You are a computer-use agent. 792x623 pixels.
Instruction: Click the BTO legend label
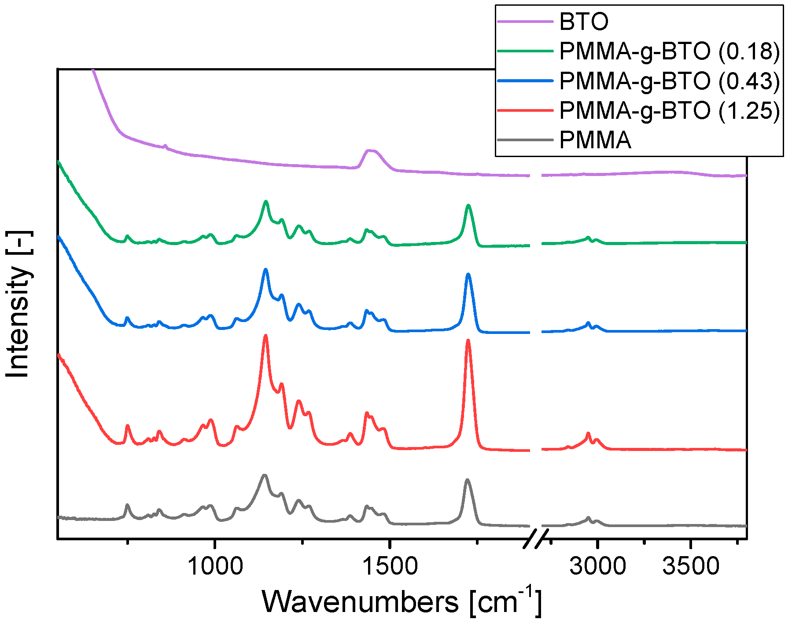click(x=584, y=22)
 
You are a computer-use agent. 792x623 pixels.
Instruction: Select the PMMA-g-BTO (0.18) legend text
click(x=669, y=51)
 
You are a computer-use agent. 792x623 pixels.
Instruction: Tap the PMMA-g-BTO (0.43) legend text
click(x=669, y=81)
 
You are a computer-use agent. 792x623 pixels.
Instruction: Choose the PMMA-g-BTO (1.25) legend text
click(x=669, y=110)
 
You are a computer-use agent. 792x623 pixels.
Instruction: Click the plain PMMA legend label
click(x=595, y=140)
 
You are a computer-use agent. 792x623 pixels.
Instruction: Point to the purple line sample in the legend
click(x=525, y=21)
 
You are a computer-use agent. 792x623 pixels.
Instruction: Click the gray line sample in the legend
click(x=525, y=140)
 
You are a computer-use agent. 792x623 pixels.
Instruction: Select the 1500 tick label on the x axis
click(x=390, y=566)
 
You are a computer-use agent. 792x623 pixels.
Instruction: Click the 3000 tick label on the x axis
click(x=597, y=566)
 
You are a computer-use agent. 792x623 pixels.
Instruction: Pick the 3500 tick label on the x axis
click(x=691, y=566)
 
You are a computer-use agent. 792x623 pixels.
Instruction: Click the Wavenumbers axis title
click(x=401, y=601)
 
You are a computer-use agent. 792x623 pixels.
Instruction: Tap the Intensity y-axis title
click(x=18, y=304)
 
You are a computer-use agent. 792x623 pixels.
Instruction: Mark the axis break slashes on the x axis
click(x=536, y=539)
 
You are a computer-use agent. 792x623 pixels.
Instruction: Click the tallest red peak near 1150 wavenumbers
click(x=265, y=336)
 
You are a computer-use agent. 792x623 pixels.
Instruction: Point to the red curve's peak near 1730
click(x=468, y=341)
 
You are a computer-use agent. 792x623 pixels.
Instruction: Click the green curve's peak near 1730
click(x=468, y=205)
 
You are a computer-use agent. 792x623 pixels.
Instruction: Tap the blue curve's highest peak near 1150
click(x=265, y=269)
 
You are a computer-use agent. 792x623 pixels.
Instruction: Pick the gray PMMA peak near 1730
click(x=467, y=480)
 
